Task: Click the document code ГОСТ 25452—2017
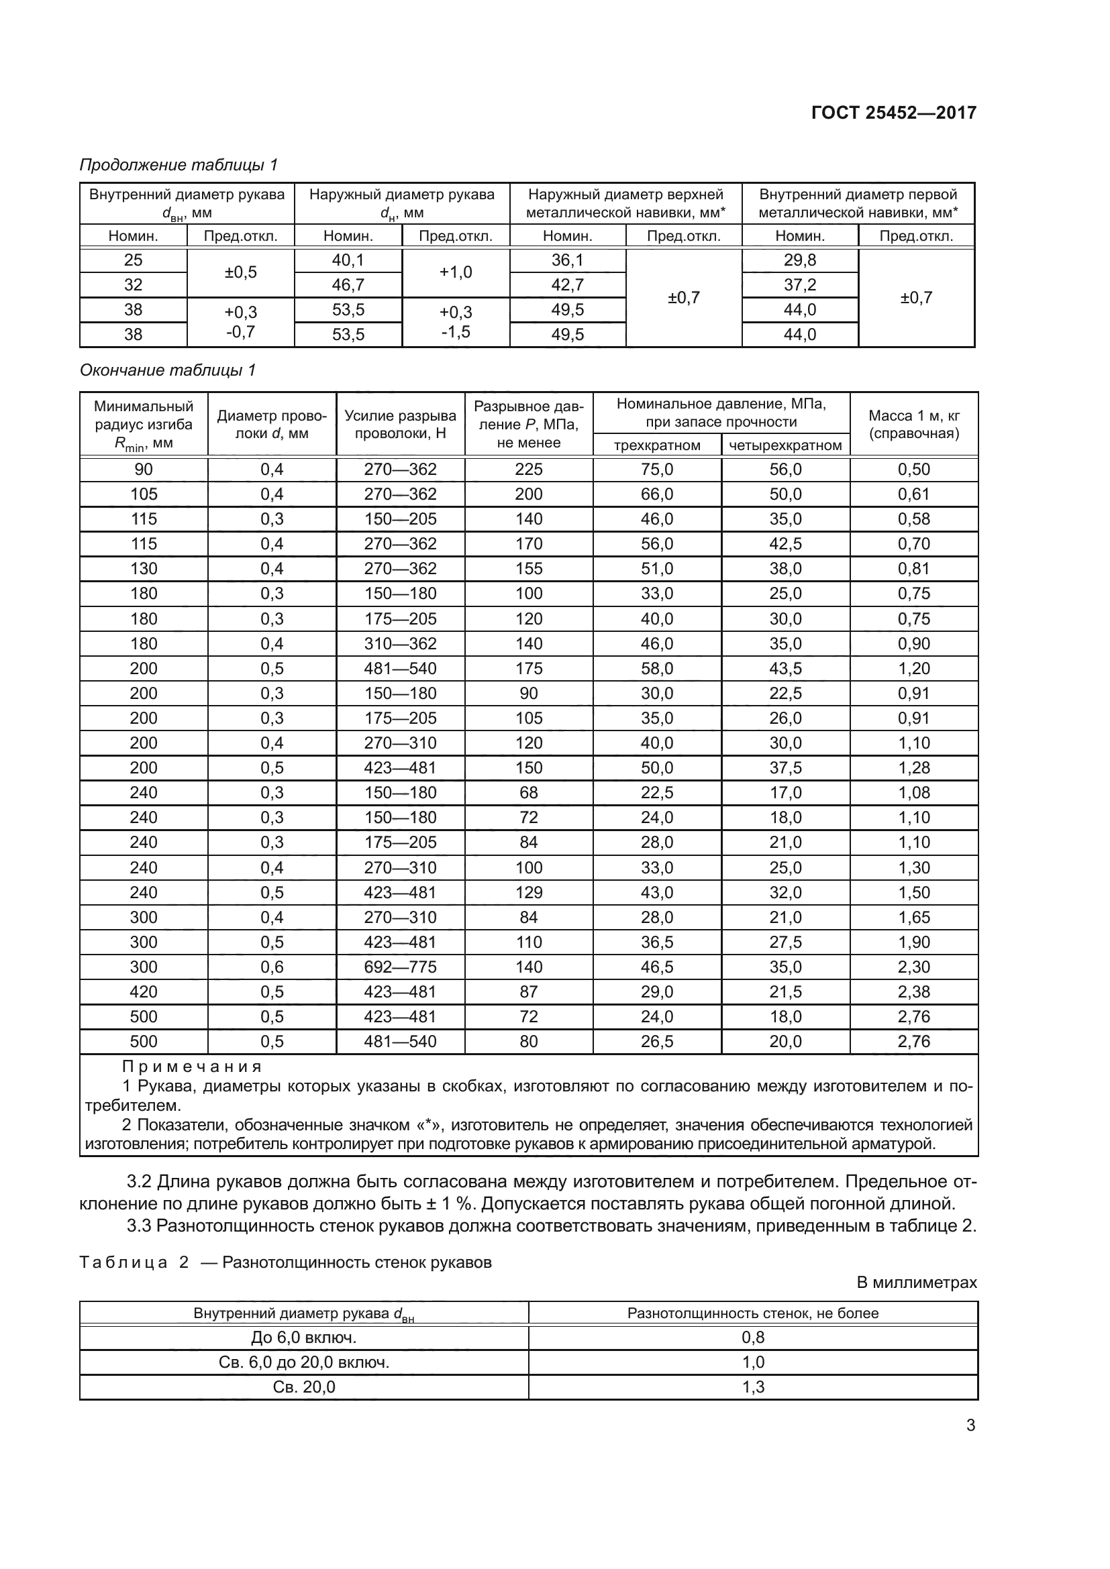893,113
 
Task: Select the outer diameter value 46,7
348,285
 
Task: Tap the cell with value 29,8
800,260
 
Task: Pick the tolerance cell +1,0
455,272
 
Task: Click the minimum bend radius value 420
144,991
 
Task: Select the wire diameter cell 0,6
272,967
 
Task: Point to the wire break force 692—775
400,967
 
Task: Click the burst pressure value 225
528,470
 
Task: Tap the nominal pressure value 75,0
657,470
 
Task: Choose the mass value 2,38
914,991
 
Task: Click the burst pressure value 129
528,892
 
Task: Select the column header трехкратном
657,445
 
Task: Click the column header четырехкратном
785,445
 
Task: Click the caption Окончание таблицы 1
168,370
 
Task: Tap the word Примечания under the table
191,1067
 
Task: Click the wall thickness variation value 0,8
752,1338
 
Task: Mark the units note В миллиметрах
917,1283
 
